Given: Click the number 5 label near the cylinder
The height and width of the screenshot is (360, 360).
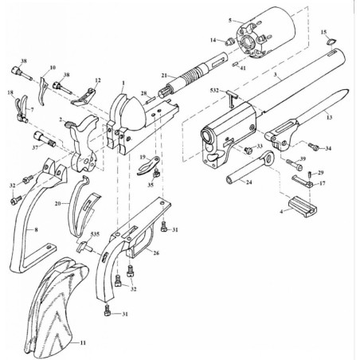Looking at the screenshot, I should coord(229,19).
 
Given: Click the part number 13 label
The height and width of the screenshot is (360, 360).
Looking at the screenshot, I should coord(330,115).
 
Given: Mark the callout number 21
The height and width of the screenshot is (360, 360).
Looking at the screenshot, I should coord(163,75).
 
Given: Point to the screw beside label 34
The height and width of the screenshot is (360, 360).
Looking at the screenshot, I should coord(313,147).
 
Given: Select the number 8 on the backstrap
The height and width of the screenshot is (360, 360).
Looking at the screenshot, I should coord(35,228).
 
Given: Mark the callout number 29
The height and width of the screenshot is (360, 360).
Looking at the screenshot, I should coord(321,173).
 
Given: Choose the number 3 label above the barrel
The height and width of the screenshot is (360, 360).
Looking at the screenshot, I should coord(276,73).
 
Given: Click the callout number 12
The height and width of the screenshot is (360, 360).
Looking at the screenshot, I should coord(98,80).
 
